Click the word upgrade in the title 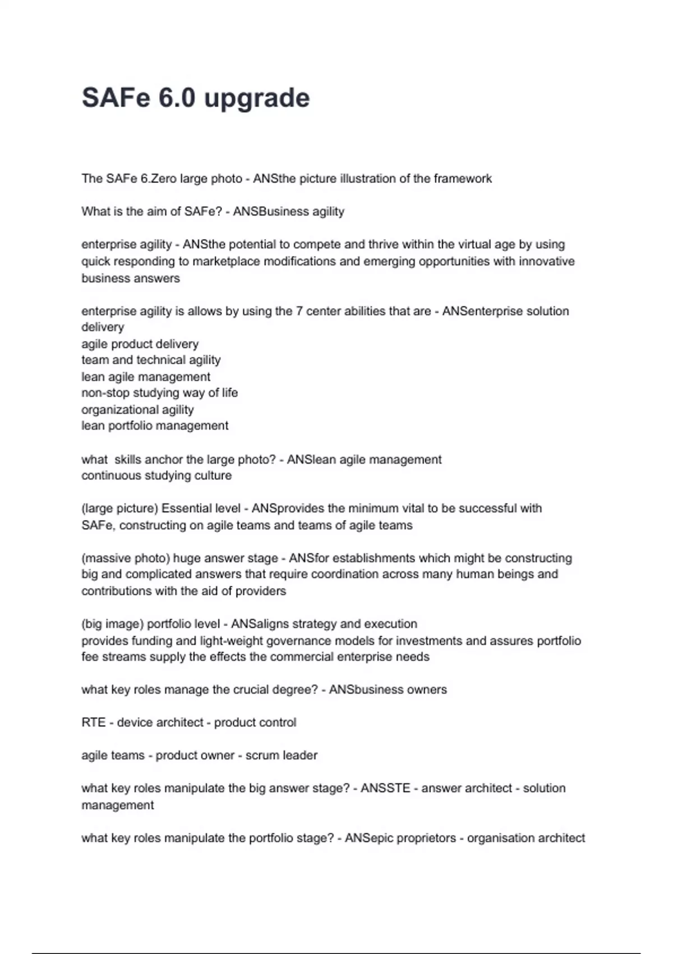(x=256, y=99)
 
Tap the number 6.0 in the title (x=177, y=98)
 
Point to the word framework (x=463, y=178)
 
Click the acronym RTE (x=93, y=723)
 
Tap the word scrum (x=262, y=756)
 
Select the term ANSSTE (x=385, y=788)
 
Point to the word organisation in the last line (x=500, y=838)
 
